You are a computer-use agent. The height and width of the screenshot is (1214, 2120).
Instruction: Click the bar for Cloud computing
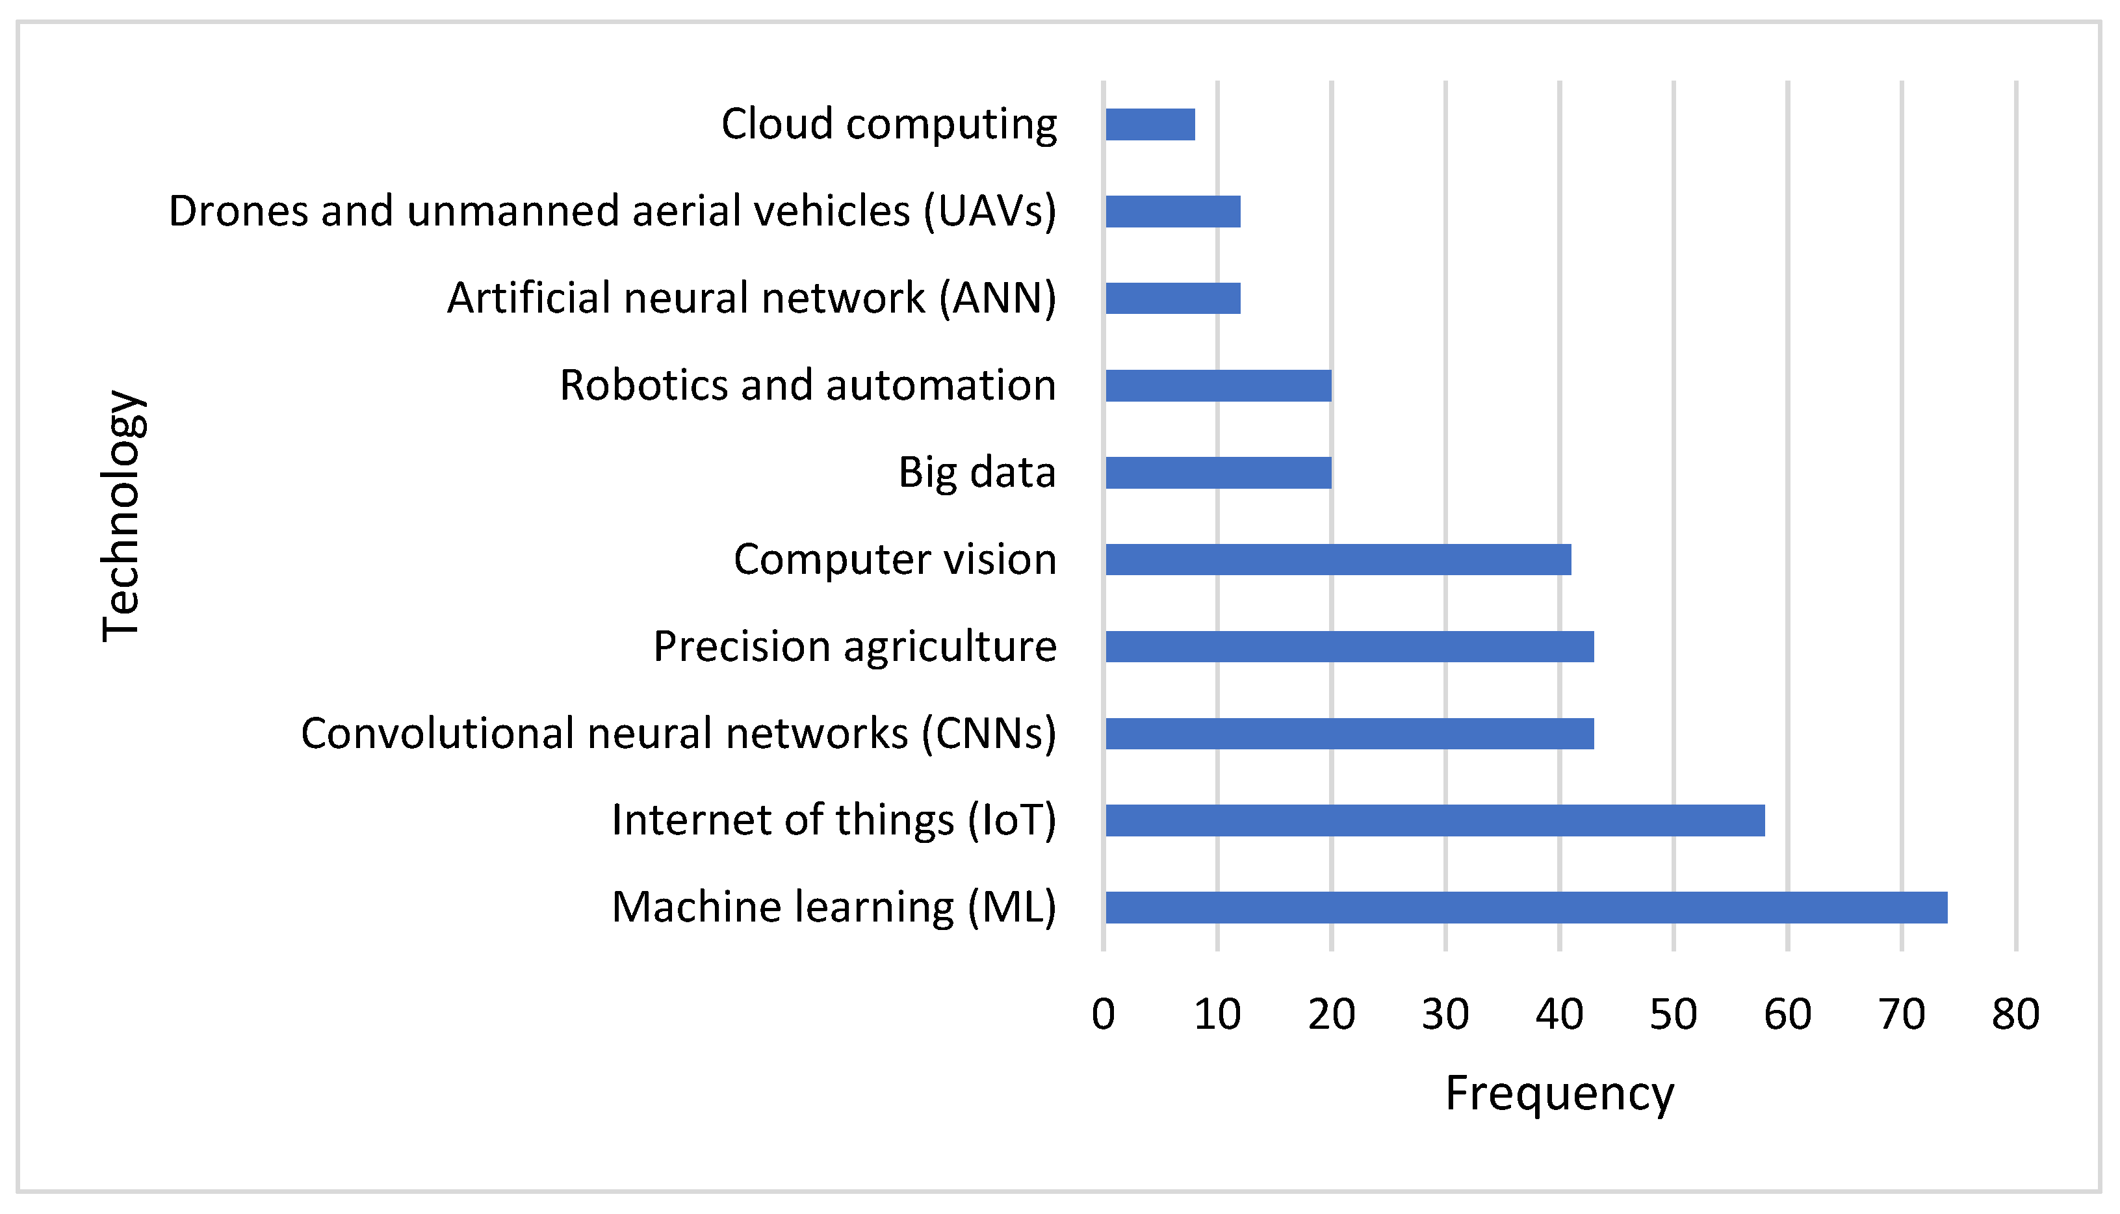[x=1150, y=124]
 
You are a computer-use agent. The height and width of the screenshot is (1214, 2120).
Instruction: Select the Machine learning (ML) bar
[x=1525, y=907]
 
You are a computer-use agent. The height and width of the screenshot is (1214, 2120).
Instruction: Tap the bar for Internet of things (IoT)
[x=1434, y=820]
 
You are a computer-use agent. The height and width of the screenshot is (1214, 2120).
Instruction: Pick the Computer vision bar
[x=1338, y=560]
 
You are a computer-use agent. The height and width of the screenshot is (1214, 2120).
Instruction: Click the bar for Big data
[x=1218, y=472]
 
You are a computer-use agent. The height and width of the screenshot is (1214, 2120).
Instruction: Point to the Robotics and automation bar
[x=1218, y=385]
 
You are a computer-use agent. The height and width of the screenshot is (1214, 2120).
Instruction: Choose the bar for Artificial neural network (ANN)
[x=1172, y=298]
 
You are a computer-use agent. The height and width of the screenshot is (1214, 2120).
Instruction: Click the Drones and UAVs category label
[x=612, y=211]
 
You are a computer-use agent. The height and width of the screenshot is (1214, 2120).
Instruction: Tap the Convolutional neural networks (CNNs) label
[x=678, y=734]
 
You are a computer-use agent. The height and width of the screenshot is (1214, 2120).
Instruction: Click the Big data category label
[x=976, y=472]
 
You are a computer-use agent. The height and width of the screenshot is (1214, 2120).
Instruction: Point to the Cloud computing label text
[x=888, y=124]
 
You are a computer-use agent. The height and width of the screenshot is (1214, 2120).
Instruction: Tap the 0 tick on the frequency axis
[x=1103, y=1014]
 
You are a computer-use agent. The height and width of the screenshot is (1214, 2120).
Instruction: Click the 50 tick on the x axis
[x=1672, y=1014]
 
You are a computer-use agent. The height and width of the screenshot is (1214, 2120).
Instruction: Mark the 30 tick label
[x=1445, y=1014]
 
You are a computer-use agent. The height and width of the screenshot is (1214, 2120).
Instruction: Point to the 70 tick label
[x=1901, y=1014]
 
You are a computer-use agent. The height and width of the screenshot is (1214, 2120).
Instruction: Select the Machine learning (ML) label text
[x=834, y=907]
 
